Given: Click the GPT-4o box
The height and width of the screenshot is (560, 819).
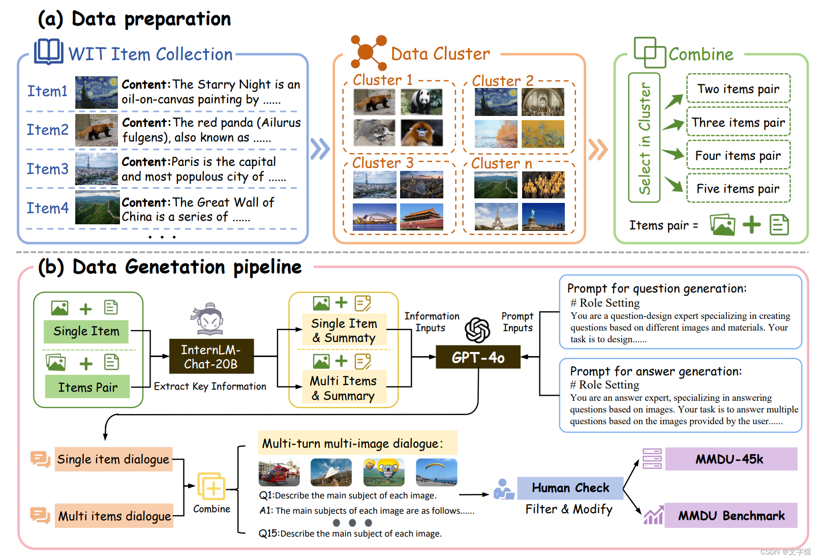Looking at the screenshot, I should (478, 357).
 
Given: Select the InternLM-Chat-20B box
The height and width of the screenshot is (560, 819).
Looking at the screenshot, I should (211, 357).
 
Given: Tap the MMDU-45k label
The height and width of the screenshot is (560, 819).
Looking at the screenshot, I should (730, 459).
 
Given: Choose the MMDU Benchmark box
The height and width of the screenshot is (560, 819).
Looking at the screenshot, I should (731, 516).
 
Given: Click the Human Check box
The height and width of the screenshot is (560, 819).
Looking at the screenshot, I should (570, 488).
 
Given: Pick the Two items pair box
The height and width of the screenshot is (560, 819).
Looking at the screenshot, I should (738, 89).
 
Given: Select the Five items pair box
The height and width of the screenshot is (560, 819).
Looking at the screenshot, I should (738, 189).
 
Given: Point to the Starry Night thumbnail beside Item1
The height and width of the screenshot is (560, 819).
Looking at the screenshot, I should (97, 92).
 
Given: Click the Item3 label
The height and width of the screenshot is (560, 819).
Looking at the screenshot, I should (47, 169).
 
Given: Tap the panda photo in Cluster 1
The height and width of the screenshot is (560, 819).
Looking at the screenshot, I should (421, 102).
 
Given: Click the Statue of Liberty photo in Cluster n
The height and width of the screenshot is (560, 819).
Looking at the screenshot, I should (543, 217).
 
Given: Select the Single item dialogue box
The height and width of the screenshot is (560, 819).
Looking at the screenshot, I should (113, 459).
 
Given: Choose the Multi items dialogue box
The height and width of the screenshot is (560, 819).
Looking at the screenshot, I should (114, 516).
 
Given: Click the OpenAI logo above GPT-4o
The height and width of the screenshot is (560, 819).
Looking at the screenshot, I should (477, 330).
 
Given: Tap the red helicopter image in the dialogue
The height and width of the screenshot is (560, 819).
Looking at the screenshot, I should (279, 473).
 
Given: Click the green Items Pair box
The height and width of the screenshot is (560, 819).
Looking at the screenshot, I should (87, 387).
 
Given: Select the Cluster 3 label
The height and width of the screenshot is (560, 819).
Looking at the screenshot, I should (383, 163).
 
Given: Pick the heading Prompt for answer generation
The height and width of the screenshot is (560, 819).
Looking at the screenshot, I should (656, 371).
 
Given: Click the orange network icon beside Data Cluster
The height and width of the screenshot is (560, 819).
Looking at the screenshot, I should (369, 52).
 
